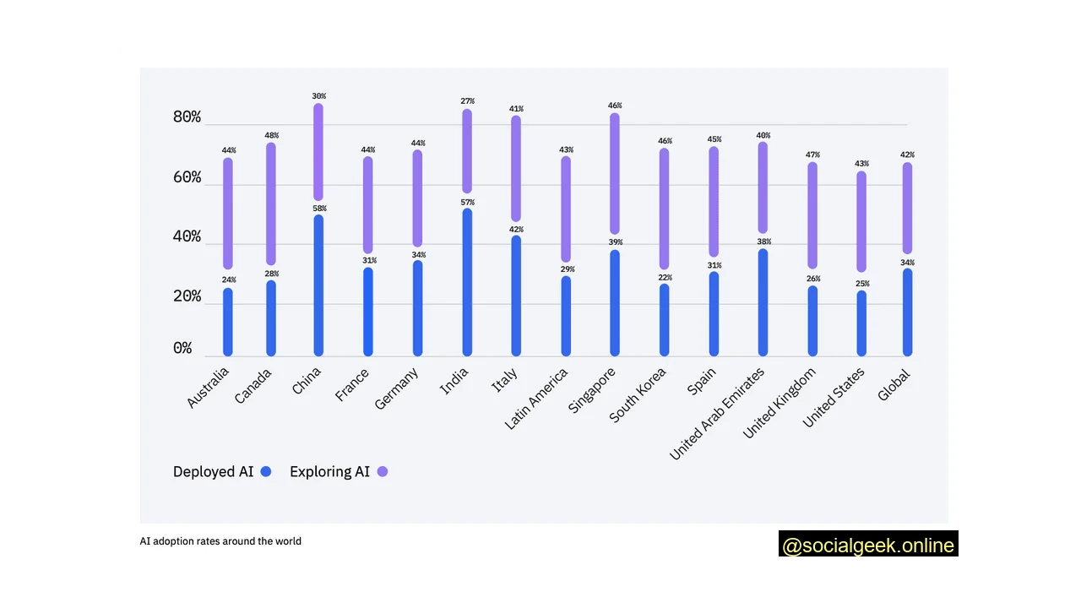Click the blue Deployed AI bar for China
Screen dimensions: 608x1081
(318, 285)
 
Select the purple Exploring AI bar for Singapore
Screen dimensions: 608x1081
(615, 173)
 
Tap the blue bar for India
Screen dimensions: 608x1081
(467, 282)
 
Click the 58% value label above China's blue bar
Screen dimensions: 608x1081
(319, 209)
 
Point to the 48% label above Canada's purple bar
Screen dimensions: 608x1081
(270, 135)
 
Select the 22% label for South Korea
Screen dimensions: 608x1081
(665, 278)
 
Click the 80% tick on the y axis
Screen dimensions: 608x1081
(187, 117)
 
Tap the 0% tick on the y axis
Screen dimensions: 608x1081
(182, 348)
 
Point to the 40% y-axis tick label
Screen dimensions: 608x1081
(187, 236)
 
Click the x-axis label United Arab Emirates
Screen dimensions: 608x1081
(717, 414)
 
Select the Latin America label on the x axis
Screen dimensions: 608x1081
(536, 399)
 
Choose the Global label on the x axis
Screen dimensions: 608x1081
(894, 387)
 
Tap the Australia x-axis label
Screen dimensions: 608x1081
(208, 388)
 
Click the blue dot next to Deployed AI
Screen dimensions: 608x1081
(266, 472)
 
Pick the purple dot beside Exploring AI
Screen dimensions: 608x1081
(383, 472)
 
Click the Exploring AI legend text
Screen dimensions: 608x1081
(329, 472)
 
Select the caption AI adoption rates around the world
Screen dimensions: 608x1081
(220, 541)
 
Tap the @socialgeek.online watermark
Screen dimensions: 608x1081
(868, 545)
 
